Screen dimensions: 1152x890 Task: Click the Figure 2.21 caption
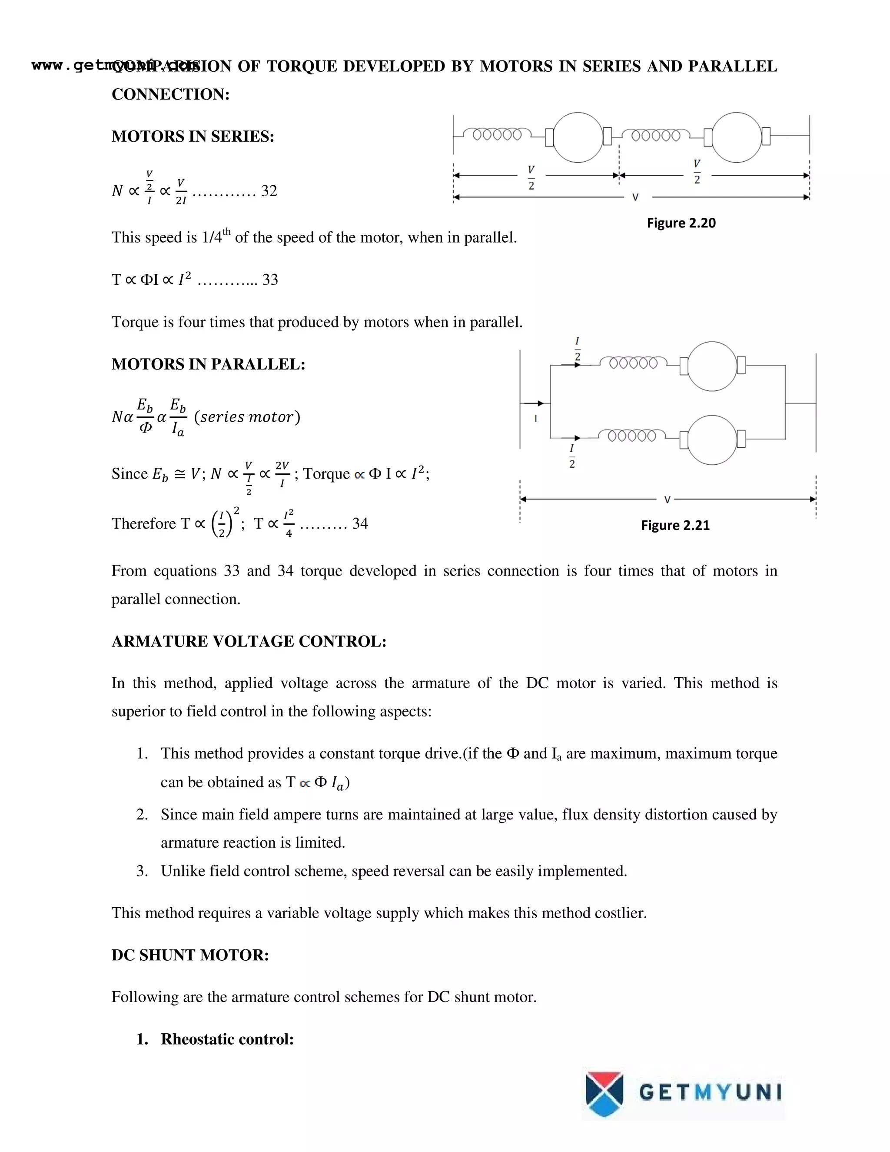click(675, 526)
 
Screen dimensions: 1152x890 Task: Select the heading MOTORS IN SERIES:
click(193, 137)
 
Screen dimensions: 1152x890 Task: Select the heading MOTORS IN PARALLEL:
click(208, 364)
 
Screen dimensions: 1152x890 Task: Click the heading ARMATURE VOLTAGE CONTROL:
click(249, 641)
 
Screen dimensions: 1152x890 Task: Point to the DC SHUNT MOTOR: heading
click(190, 955)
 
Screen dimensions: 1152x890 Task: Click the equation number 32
click(269, 191)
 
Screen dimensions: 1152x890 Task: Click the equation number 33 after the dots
click(270, 280)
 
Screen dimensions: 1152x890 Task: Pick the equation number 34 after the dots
click(360, 524)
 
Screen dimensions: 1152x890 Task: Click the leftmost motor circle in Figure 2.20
click(578, 137)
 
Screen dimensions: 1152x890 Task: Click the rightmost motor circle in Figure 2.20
click(737, 137)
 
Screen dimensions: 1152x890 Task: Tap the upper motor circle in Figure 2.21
click(712, 366)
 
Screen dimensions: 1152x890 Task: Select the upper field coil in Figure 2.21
click(633, 363)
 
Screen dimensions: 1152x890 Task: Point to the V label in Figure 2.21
click(667, 499)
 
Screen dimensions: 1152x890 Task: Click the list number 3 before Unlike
click(141, 871)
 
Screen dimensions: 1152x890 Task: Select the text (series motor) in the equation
click(247, 417)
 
